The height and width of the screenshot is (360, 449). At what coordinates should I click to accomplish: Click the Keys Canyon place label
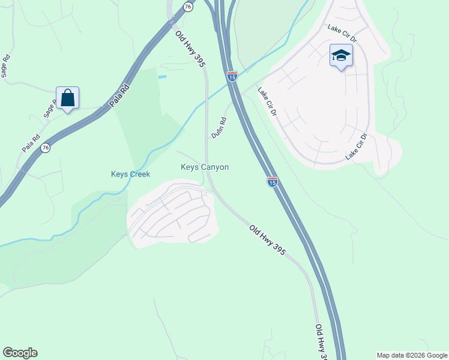(x=205, y=167)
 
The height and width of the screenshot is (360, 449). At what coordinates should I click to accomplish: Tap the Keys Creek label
(x=130, y=174)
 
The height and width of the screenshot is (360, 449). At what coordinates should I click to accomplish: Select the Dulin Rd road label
(x=219, y=128)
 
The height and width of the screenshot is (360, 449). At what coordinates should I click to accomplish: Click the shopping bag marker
(x=68, y=98)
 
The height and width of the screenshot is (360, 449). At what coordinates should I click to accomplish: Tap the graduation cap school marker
(x=341, y=56)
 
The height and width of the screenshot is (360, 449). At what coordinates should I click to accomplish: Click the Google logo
(x=20, y=353)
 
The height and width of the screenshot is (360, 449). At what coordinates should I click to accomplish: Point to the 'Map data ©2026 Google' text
(x=412, y=355)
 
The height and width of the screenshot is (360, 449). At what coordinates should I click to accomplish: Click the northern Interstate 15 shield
(x=232, y=76)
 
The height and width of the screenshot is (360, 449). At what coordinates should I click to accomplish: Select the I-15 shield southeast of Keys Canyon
(x=272, y=182)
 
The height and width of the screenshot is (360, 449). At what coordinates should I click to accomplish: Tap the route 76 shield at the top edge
(x=188, y=6)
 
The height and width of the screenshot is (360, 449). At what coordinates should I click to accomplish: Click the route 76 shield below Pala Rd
(x=45, y=148)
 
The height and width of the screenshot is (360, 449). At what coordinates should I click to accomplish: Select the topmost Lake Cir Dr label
(x=342, y=34)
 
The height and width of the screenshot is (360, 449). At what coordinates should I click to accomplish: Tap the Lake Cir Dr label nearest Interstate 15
(x=267, y=102)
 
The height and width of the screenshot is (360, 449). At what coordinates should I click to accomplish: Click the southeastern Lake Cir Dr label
(x=355, y=146)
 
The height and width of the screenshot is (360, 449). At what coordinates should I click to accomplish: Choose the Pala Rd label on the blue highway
(x=120, y=97)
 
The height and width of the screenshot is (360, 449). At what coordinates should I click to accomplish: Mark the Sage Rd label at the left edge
(x=5, y=65)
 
